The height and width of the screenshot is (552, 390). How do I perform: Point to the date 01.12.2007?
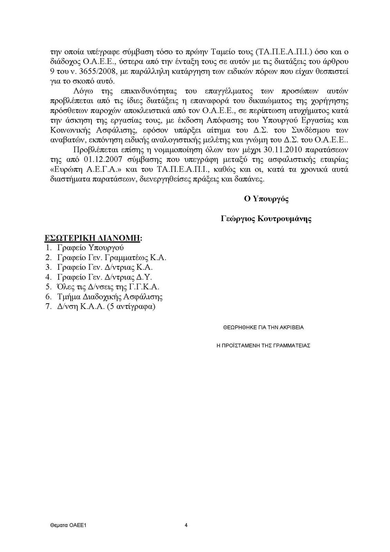(99, 160)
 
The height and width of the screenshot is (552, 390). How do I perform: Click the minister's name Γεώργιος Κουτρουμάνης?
(266, 219)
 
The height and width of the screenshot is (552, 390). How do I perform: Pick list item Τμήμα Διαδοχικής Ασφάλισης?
(110, 296)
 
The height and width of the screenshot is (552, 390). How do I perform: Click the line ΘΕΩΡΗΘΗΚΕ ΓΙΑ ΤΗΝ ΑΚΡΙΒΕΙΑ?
(263, 327)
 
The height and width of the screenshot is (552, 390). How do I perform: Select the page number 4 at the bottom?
(186, 525)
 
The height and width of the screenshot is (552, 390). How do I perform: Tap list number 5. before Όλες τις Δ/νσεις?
(48, 287)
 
